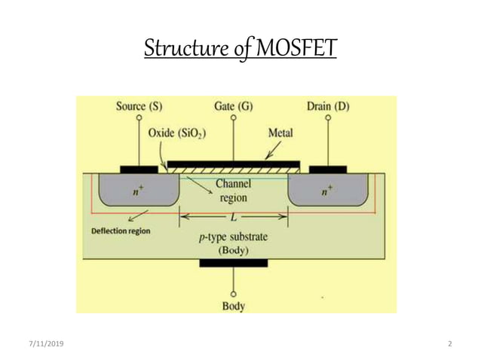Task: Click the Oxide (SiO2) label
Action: point(178,133)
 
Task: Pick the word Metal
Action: point(281,133)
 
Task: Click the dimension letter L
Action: point(234,216)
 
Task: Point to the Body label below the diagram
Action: point(233,307)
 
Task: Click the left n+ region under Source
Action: point(136,192)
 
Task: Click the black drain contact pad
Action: point(328,169)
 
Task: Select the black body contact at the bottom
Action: point(233,263)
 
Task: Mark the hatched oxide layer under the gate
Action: point(233,170)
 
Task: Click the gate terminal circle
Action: point(233,118)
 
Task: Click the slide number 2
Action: point(449,344)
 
